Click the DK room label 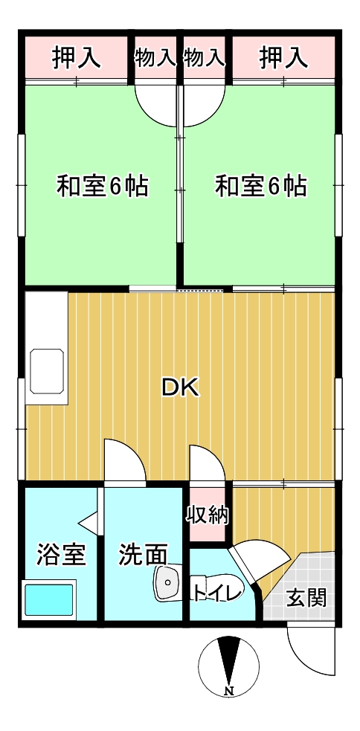pyautogui.click(x=181, y=387)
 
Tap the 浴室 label pyautogui.click(x=61, y=554)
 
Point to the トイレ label pyautogui.click(x=217, y=593)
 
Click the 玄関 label pyautogui.click(x=306, y=597)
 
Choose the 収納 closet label pyautogui.click(x=208, y=515)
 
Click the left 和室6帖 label pyautogui.click(x=103, y=186)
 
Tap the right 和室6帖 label pyautogui.click(x=260, y=186)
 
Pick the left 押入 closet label pyautogui.click(x=76, y=57)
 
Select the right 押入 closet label pyautogui.click(x=283, y=57)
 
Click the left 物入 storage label pyautogui.click(x=155, y=57)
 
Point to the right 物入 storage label pyautogui.click(x=204, y=57)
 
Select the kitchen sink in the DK pyautogui.click(x=46, y=369)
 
